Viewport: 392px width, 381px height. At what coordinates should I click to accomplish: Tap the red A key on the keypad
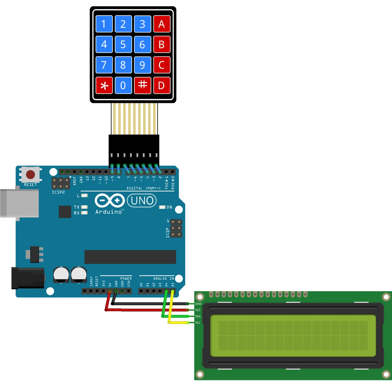pyautogui.click(x=162, y=24)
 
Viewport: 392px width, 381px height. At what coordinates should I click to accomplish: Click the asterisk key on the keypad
pyautogui.click(x=104, y=85)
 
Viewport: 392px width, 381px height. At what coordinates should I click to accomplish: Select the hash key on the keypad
pyautogui.click(x=142, y=85)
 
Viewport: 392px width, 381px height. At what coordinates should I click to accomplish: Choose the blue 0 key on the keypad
pyautogui.click(x=123, y=85)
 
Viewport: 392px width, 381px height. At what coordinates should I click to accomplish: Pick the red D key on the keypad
pyautogui.click(x=162, y=85)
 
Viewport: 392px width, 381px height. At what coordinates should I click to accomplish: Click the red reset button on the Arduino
pyautogui.click(x=31, y=175)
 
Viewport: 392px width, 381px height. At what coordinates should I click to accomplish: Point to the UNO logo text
pyautogui.click(x=142, y=201)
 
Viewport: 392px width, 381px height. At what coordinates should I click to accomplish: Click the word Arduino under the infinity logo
pyautogui.click(x=109, y=212)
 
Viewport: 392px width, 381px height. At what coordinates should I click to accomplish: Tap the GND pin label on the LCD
pyautogui.click(x=198, y=304)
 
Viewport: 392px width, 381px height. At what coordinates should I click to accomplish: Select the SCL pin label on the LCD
pyautogui.click(x=198, y=323)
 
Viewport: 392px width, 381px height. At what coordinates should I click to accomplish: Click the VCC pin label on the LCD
pyautogui.click(x=198, y=310)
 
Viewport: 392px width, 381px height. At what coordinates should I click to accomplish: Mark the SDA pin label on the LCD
pyautogui.click(x=198, y=316)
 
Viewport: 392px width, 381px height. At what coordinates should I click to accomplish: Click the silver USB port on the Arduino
pyautogui.click(x=19, y=203)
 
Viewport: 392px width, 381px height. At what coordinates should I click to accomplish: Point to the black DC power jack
pyautogui.click(x=28, y=278)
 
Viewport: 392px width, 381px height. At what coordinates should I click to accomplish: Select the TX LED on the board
pyautogui.click(x=84, y=207)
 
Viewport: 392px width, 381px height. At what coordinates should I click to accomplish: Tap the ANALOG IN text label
pyautogui.click(x=164, y=278)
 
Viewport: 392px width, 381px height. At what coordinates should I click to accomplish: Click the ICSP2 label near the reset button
pyautogui.click(x=58, y=192)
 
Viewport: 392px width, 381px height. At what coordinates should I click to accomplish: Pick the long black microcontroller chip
pyautogui.click(x=130, y=257)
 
